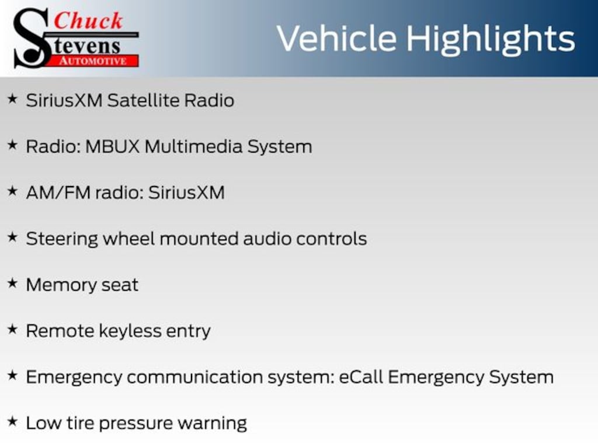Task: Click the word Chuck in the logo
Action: point(88,21)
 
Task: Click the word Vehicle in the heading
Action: point(336,38)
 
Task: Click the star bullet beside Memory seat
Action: point(13,283)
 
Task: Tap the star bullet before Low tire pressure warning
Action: point(13,421)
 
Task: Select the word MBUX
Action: point(113,146)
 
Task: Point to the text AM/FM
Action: point(58,192)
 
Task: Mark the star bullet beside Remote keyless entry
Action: point(13,329)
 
